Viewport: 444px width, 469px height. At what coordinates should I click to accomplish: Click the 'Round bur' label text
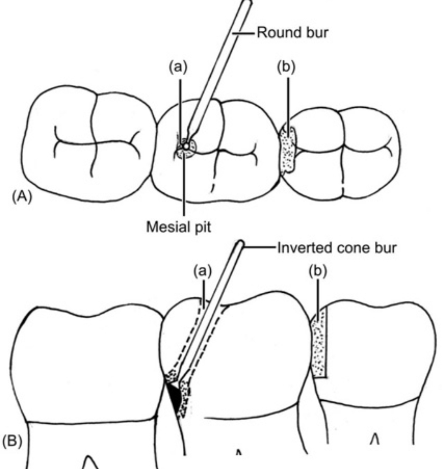[292, 32]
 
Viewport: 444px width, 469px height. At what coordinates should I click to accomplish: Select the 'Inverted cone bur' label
[336, 249]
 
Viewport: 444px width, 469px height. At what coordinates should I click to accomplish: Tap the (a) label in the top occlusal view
[178, 67]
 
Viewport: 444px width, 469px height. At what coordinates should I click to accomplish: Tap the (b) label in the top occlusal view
[286, 67]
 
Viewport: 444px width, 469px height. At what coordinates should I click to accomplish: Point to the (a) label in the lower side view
[202, 272]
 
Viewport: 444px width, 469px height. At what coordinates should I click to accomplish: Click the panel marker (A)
[22, 196]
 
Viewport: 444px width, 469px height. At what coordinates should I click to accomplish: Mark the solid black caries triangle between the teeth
[173, 398]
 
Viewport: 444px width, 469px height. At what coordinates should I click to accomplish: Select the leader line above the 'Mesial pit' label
[184, 185]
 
